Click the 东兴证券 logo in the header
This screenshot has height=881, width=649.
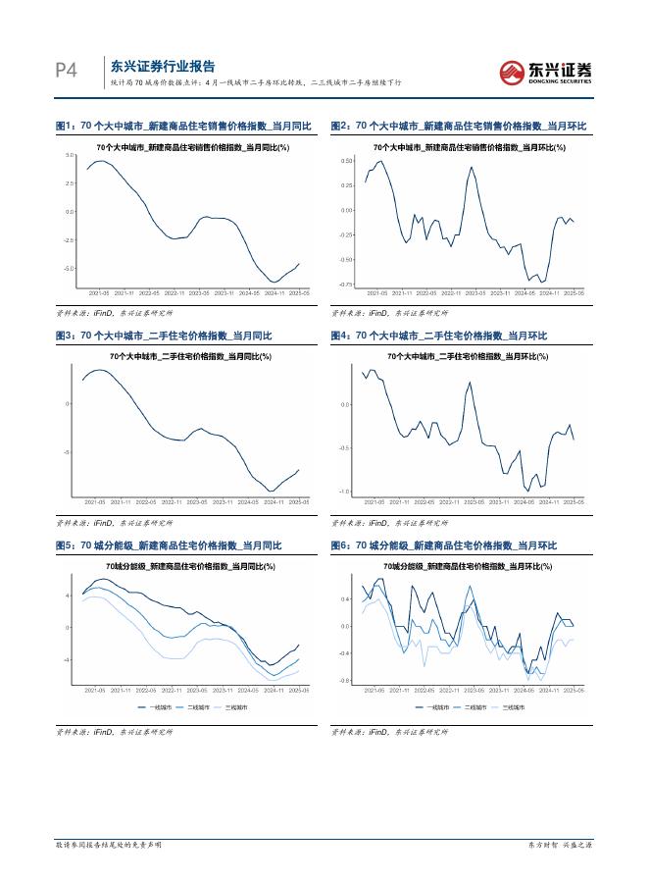point(545,71)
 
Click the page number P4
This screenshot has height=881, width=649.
point(66,71)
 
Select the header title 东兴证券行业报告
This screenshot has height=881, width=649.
point(163,67)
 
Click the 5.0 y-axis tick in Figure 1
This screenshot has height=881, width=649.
point(70,156)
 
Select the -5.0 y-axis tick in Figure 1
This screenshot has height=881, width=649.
point(69,268)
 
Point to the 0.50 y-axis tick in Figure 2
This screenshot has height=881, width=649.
point(347,160)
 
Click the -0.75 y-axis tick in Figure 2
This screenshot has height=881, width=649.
point(346,285)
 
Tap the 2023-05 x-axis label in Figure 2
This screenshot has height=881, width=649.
point(475,292)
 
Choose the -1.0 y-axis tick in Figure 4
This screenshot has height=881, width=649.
point(344,492)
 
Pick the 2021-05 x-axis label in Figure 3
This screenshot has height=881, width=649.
point(96,501)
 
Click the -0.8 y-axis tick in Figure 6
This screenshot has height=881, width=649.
point(345,680)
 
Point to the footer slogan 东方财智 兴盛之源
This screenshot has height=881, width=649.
point(562,845)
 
